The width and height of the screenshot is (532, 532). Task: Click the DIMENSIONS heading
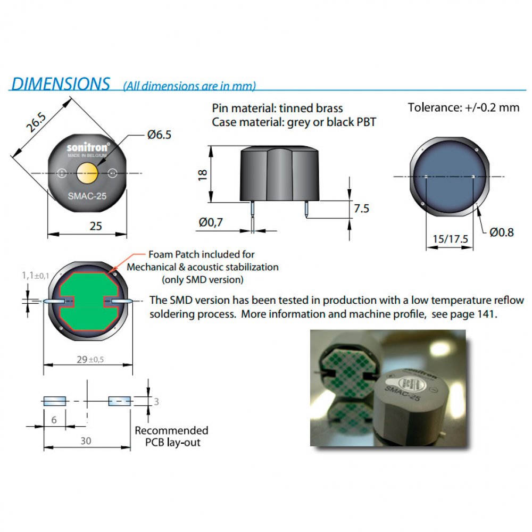point(61,84)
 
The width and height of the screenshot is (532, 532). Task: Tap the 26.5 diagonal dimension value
point(34,122)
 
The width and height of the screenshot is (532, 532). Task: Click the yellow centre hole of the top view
point(87,172)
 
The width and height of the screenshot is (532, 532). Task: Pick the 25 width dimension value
point(95,227)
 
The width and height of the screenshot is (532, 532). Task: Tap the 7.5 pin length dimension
point(361,209)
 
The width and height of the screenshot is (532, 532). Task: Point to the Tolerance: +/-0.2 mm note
point(463,107)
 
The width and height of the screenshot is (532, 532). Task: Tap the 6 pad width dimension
point(54,419)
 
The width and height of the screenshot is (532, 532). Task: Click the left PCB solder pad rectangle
point(54,401)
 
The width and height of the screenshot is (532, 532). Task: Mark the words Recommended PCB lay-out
point(171,436)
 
